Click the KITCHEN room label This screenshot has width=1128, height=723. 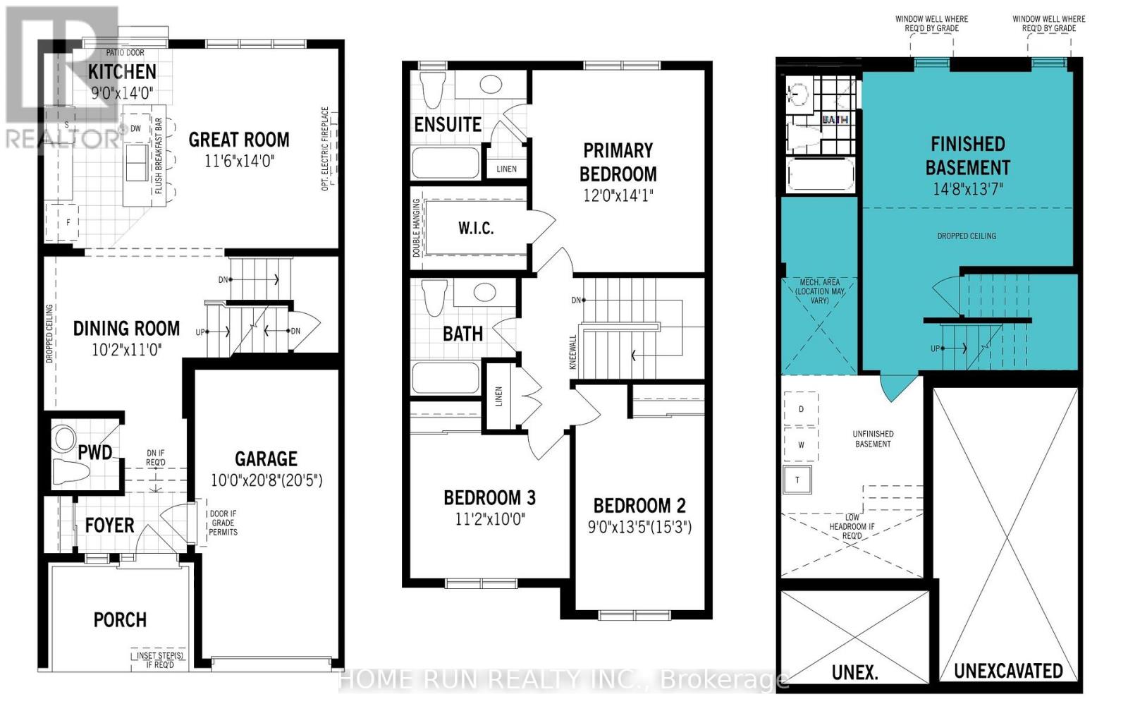(122, 71)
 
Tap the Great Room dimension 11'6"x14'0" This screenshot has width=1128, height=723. (239, 162)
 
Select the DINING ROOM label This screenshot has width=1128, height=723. (126, 328)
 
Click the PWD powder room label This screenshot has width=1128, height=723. (94, 452)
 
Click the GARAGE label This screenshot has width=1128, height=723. (266, 458)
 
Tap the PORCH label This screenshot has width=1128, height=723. (120, 620)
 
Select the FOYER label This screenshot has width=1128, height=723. (109, 525)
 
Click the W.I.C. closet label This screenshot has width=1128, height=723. (476, 228)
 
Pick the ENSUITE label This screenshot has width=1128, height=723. (448, 125)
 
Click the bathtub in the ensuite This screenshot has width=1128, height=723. (445, 163)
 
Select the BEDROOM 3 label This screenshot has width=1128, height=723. (489, 498)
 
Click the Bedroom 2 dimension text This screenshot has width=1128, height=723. (639, 527)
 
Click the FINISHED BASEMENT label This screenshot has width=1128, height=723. (967, 155)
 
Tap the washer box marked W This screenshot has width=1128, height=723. (801, 445)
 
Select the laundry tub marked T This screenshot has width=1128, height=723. (797, 480)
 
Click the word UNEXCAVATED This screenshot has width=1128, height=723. (1007, 671)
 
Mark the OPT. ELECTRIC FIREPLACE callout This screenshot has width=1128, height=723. (325, 149)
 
